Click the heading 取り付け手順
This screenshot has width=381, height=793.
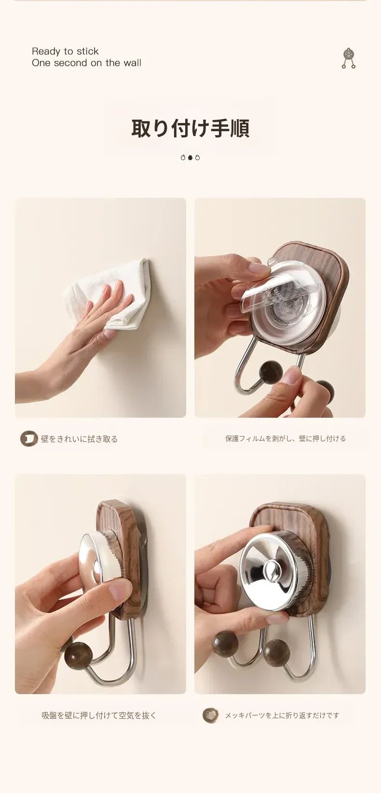pos(190,128)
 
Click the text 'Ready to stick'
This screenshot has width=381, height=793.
pos(65,51)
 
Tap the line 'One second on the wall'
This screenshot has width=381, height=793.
pos(86,63)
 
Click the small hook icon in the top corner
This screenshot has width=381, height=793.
pos(349,58)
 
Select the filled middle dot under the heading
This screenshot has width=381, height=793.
pos(190,158)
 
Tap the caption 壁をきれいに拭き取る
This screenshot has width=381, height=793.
pos(79,439)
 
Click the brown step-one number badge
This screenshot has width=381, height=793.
pos(28,438)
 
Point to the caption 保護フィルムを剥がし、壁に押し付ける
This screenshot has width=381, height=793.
pos(286,438)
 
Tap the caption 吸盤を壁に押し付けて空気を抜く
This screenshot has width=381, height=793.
pos(99,715)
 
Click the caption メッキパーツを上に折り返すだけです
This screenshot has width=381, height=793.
pos(282,715)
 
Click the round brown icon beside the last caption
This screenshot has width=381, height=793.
pos(210,715)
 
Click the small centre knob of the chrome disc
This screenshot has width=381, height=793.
pos(271,569)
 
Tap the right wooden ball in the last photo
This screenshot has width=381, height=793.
pos(277,651)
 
